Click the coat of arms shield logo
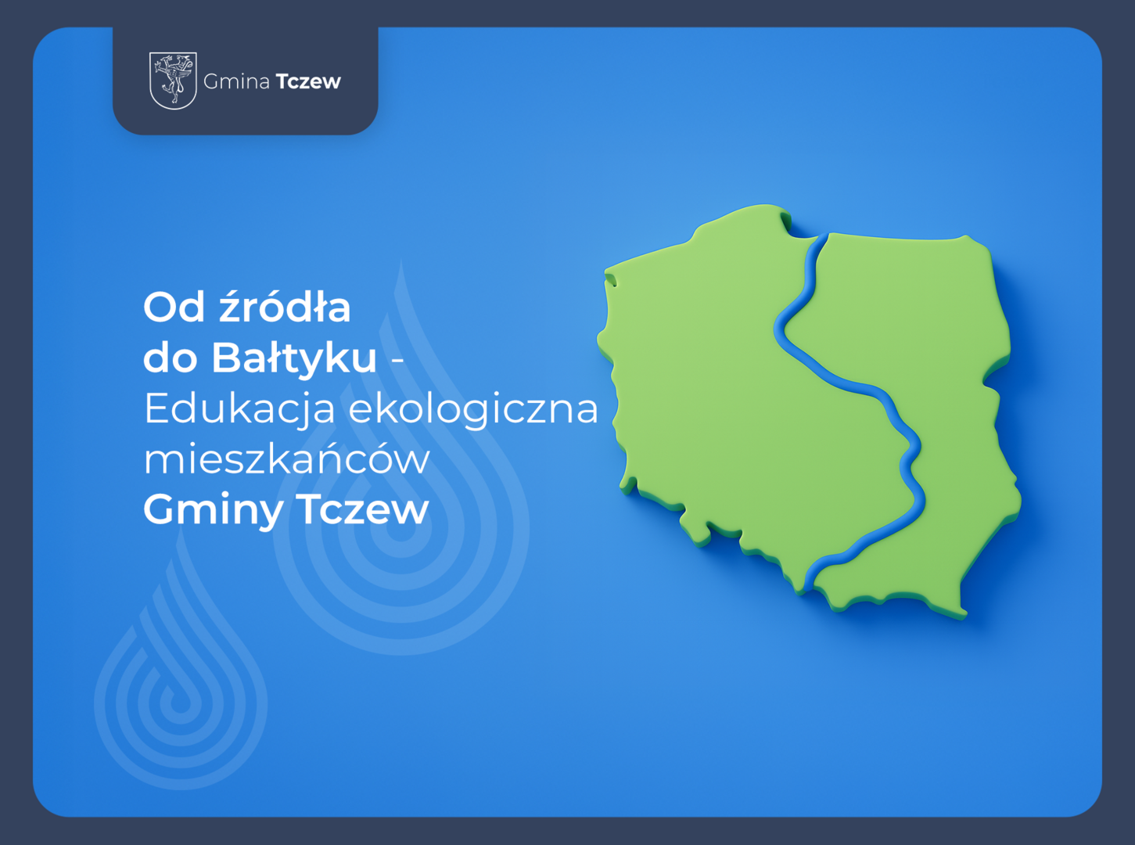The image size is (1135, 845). tap(173, 81)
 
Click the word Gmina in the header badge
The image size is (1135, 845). tap(236, 81)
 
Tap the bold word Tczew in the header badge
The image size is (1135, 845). tap(308, 81)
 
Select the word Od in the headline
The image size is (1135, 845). tap(174, 307)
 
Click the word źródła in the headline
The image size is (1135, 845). tap(285, 306)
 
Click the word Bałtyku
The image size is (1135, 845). tap(294, 358)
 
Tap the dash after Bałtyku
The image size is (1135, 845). tap(397, 361)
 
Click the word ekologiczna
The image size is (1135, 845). tap(473, 411)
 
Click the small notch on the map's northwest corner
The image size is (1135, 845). tap(610, 279)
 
